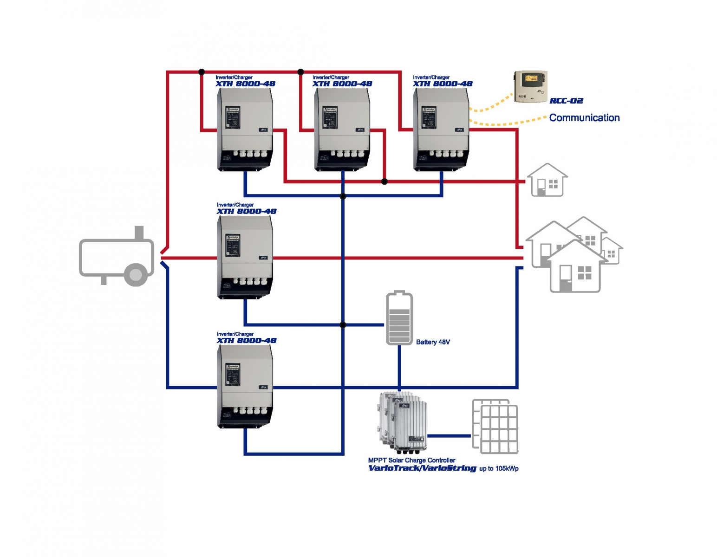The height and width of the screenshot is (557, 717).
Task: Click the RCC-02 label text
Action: pyautogui.click(x=566, y=101)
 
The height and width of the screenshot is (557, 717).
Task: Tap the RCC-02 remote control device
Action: pyautogui.click(x=531, y=86)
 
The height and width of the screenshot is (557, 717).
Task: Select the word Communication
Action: pyautogui.click(x=584, y=118)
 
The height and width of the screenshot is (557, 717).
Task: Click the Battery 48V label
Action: pyautogui.click(x=433, y=342)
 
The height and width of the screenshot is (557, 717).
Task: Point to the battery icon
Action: pyautogui.click(x=399, y=318)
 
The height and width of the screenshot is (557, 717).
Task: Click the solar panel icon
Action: pyautogui.click(x=495, y=426)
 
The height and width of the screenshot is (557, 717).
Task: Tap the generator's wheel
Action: pyautogui.click(x=136, y=275)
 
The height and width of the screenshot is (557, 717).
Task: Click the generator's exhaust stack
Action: pyautogui.click(x=139, y=232)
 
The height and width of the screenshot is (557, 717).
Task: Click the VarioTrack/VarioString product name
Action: pyautogui.click(x=422, y=468)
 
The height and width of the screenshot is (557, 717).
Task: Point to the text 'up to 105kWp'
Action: pyautogui.click(x=499, y=468)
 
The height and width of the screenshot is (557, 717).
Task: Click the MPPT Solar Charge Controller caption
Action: pyautogui.click(x=411, y=460)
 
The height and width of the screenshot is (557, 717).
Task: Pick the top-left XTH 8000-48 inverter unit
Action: pyautogui.click(x=245, y=129)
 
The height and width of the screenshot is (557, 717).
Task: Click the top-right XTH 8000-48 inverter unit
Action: pyautogui.click(x=441, y=129)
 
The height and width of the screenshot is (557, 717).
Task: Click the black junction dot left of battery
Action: pyautogui.click(x=343, y=325)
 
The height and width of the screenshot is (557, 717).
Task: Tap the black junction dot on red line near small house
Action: pyautogui.click(x=384, y=181)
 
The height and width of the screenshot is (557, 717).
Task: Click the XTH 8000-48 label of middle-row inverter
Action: pyautogui.click(x=247, y=211)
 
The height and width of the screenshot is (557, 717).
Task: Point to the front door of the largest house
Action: pyautogui.click(x=566, y=278)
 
